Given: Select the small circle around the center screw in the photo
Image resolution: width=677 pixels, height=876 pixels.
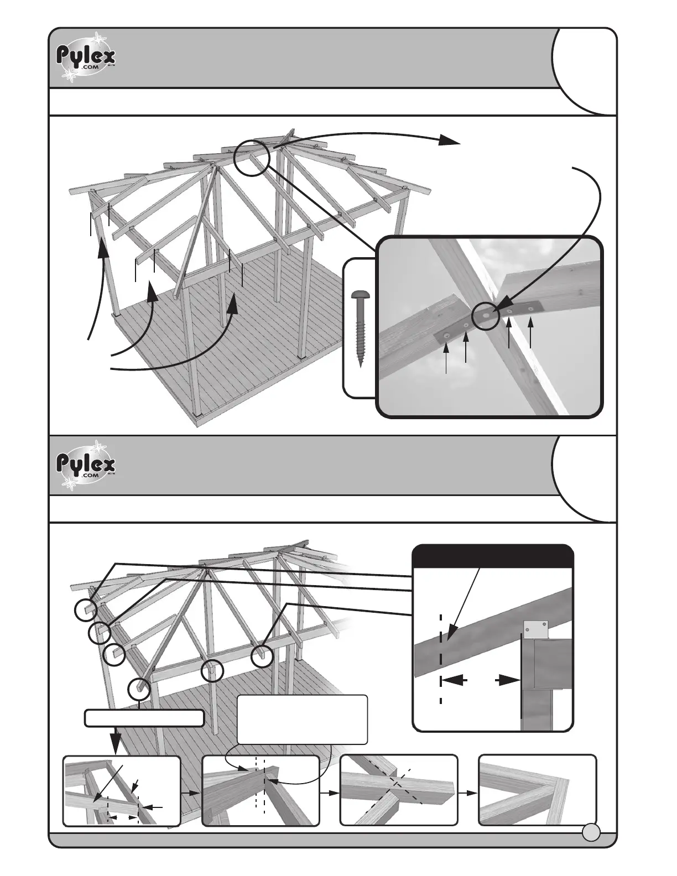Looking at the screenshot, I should point(486,314).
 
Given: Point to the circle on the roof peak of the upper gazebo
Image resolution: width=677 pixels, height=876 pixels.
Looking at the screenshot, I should point(251,158).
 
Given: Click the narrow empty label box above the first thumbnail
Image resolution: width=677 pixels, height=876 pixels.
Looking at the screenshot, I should point(144,718).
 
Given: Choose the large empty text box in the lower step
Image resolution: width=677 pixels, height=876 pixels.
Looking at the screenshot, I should point(302,719).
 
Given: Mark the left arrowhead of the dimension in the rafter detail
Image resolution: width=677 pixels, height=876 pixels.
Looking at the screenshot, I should point(449,681).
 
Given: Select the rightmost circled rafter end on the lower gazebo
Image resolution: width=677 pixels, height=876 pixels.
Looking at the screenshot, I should point(262,657).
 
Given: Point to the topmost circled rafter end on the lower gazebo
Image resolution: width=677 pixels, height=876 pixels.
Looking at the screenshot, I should point(86,610).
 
